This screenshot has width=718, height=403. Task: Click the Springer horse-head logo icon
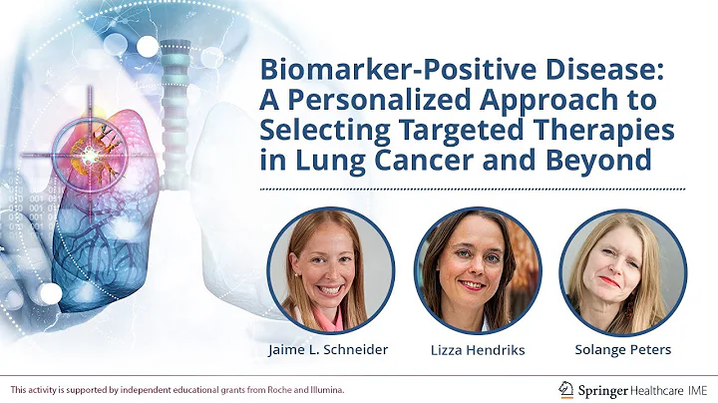tap(566, 388)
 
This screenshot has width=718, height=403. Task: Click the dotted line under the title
tap(472, 188)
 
